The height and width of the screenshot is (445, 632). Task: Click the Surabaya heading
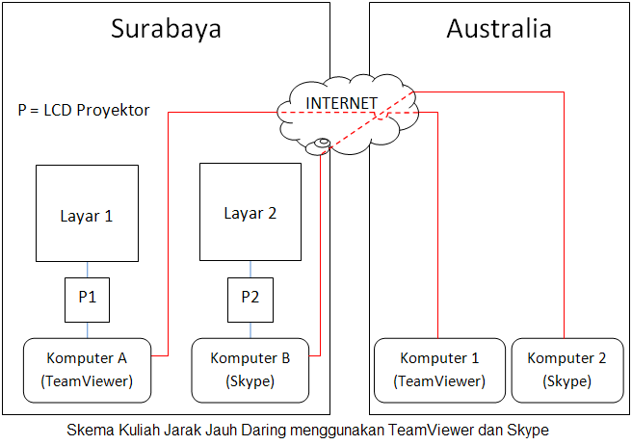click(x=166, y=29)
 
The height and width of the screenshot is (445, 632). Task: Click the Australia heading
click(x=499, y=29)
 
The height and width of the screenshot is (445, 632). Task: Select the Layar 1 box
click(x=88, y=215)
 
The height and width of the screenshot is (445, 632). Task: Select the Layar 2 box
click(x=250, y=212)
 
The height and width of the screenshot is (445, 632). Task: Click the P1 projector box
click(x=88, y=298)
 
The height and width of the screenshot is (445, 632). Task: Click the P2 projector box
click(x=250, y=298)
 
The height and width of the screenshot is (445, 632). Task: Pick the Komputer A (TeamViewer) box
click(x=88, y=370)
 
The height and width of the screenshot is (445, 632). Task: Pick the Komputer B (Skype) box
click(x=250, y=370)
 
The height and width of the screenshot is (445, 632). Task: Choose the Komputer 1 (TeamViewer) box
click(x=439, y=370)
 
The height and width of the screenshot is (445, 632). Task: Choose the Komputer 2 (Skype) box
click(x=567, y=370)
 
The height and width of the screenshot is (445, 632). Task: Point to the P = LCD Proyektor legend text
click(x=84, y=110)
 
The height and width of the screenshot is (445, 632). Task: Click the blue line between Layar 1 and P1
click(x=88, y=270)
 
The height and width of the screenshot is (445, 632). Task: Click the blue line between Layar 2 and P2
click(x=250, y=269)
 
